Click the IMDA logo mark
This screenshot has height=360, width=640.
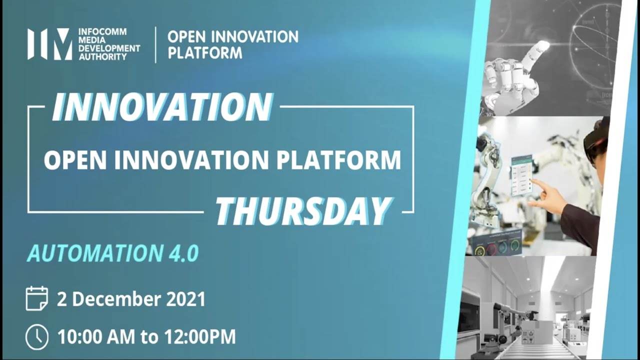point(49,44)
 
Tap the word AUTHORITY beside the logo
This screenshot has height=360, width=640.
point(102,57)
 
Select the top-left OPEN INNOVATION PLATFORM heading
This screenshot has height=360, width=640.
point(232,44)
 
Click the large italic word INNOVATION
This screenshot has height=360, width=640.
point(162,107)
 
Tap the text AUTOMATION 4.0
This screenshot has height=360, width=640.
point(113,253)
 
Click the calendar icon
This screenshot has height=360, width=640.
point(36,298)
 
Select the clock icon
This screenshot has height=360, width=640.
point(36,336)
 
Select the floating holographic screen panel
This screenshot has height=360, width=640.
point(521,175)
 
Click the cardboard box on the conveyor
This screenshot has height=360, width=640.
point(536,332)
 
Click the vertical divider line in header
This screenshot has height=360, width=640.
point(155,44)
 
